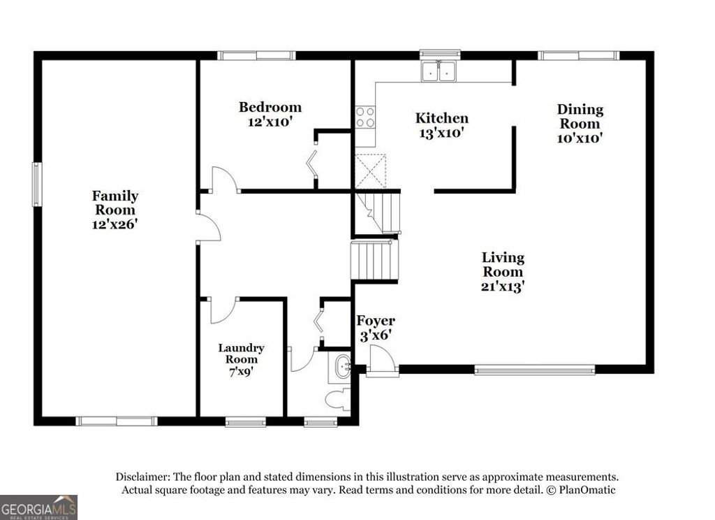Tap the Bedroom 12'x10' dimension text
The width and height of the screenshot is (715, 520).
tap(270, 121)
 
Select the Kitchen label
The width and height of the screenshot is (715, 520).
tap(442, 118)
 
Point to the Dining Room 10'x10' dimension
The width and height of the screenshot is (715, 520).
tap(580, 138)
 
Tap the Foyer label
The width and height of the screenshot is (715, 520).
tap(376, 321)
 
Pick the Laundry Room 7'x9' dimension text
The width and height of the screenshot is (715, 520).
tap(241, 372)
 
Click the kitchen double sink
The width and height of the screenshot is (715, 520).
tap(439, 71)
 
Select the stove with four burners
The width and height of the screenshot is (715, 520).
tap(364, 117)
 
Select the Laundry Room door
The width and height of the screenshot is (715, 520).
tap(223, 310)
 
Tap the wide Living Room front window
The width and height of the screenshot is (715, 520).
tap(534, 369)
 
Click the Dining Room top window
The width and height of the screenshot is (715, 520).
tap(577, 55)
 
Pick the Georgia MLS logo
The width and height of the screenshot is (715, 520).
tap(38, 507)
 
